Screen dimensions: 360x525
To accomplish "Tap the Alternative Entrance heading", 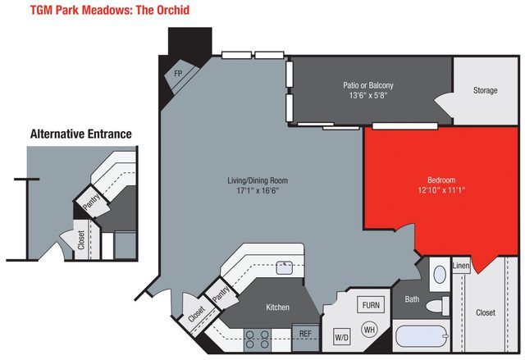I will click(x=80, y=134).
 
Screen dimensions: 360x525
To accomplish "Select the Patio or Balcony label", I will click(x=367, y=85).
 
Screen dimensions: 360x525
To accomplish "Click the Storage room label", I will click(x=485, y=90).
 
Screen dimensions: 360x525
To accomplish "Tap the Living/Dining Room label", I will click(x=257, y=180).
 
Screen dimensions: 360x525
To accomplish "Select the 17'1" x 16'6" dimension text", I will click(x=257, y=192).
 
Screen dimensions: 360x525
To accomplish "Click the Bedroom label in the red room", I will click(x=441, y=180).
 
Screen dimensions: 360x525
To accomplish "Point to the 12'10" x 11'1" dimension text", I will click(x=441, y=191).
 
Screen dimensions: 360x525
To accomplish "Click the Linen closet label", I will click(x=461, y=267).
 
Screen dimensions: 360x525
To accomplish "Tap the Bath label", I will click(x=412, y=299).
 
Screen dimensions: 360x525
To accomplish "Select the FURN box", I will click(x=372, y=305).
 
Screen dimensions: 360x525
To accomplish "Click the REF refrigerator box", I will click(x=304, y=335).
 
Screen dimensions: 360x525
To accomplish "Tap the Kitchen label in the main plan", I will click(x=277, y=308).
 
